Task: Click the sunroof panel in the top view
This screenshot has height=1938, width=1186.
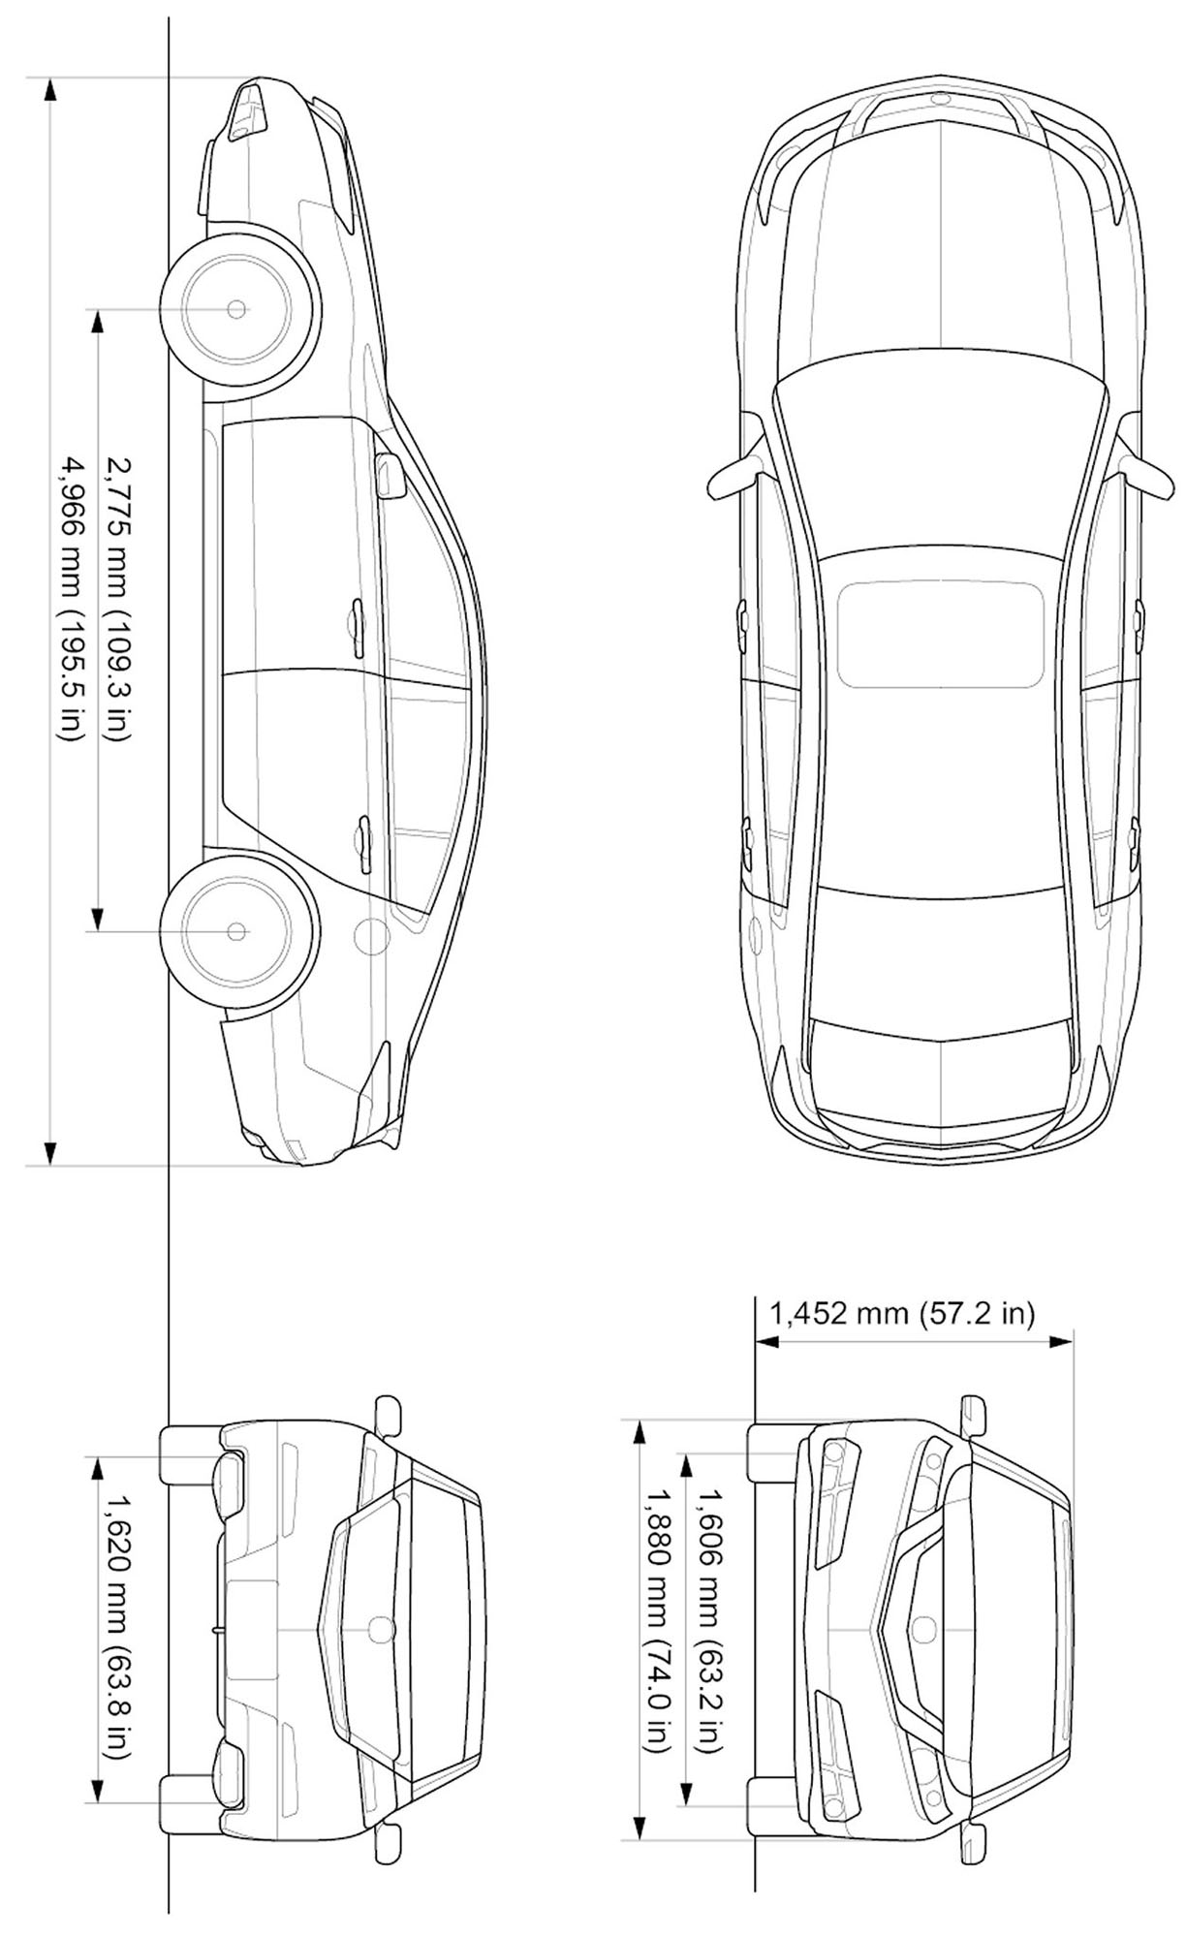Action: [x=940, y=634]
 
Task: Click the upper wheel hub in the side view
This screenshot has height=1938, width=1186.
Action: [x=236, y=309]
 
